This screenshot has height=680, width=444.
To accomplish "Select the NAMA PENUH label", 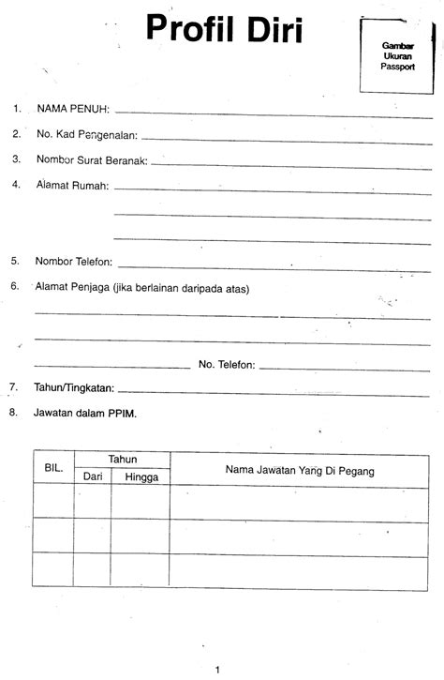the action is click(73, 109).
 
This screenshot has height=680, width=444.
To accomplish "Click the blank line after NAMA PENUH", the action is click(272, 113).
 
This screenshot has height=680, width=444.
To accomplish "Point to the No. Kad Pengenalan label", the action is click(87, 134).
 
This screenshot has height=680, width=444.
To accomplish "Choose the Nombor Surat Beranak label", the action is click(92, 159).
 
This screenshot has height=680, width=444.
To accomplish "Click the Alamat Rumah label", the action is click(72, 185).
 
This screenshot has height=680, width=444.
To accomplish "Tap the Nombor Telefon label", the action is click(74, 261).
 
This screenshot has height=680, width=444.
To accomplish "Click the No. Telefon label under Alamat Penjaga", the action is click(227, 364).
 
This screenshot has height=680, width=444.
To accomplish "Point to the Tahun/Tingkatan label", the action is click(74, 386).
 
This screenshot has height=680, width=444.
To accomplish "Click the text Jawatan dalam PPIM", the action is click(85, 411).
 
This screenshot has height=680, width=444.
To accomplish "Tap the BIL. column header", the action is click(52, 466).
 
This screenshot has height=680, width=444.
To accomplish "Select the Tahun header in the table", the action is click(122, 459).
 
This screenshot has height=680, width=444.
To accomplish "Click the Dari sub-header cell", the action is click(93, 476).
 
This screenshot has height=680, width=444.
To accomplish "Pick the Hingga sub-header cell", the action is click(141, 476).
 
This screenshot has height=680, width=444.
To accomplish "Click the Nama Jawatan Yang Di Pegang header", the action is click(300, 470).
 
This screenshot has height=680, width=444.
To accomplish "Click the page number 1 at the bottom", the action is click(217, 669).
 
